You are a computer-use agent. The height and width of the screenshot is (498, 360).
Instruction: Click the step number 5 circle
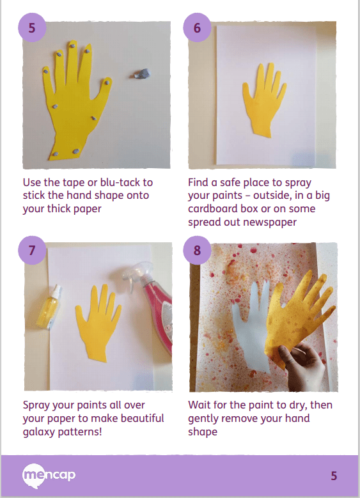click(32, 27)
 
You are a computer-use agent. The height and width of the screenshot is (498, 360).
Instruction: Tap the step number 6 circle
click(197, 27)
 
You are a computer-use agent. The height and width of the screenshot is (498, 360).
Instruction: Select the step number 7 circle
click(32, 250)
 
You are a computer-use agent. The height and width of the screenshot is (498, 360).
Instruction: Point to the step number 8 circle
click(197, 250)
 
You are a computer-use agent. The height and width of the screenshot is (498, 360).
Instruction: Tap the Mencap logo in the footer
click(49, 476)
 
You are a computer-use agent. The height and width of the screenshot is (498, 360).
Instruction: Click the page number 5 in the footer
click(334, 476)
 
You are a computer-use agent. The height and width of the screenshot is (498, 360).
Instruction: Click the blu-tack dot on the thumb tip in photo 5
click(107, 82)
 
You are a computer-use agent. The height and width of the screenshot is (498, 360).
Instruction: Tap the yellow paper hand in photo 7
click(98, 322)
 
